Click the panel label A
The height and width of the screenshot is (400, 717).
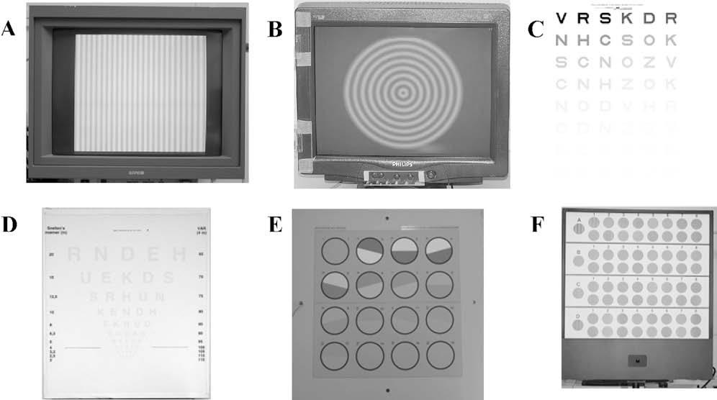point(10,29)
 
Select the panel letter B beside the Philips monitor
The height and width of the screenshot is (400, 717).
point(274,29)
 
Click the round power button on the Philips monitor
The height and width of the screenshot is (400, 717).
point(431,175)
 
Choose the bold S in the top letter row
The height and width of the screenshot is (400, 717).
point(605,17)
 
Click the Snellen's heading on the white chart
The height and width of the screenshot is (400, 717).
point(59,229)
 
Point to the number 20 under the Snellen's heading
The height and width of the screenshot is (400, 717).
point(52,254)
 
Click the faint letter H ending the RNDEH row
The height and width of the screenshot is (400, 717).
point(181,254)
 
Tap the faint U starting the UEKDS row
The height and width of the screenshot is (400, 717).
point(86,277)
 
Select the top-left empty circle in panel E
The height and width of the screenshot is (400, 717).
point(334,251)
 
